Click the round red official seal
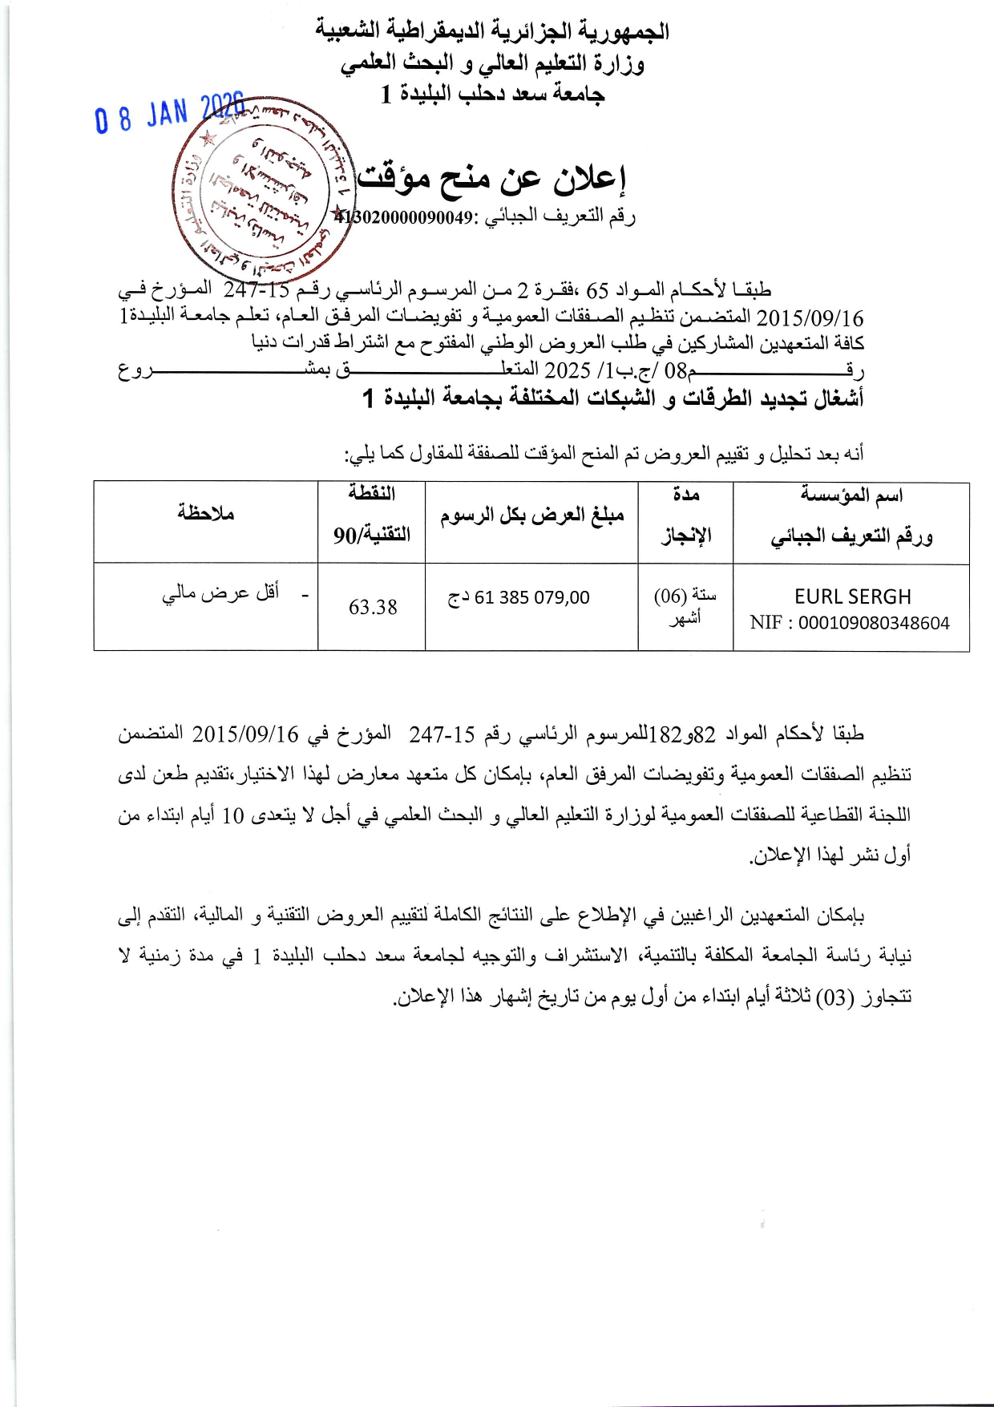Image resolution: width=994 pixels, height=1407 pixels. pos(263,191)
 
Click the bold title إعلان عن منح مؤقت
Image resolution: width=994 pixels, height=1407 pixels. pos(491,178)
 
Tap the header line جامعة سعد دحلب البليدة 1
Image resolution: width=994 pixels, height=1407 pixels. pos(492,95)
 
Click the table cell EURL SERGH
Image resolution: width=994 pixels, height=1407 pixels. pos(852,597)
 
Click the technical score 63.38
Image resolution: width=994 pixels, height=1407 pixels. pos(373,608)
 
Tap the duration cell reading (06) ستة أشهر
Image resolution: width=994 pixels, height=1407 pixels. pos(685,606)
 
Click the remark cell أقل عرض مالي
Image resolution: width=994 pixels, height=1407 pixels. pos(221,592)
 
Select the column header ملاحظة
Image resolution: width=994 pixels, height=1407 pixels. pos(206,513)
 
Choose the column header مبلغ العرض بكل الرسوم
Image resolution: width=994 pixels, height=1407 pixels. pos(531,515)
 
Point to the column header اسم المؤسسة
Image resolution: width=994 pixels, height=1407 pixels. pos(851,495)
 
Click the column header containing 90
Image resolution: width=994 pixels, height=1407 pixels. pos(372,534)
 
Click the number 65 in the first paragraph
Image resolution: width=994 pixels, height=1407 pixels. pos(597,289)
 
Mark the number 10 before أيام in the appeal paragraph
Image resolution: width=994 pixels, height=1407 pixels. pos(232,816)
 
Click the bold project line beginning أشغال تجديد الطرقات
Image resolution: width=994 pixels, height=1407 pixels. pos(613,398)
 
